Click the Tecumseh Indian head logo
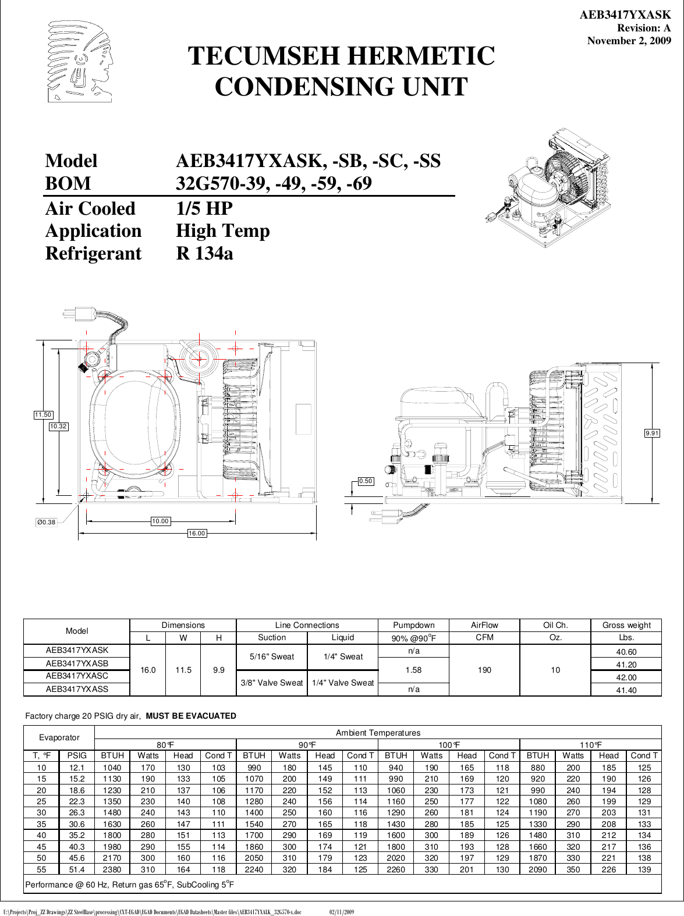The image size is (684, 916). point(80,62)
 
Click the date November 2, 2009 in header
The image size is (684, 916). point(629,41)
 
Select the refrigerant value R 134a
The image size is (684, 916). point(204,254)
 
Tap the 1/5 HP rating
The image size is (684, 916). point(204,208)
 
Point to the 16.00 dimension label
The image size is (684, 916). point(197,533)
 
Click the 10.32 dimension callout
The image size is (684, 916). point(58,427)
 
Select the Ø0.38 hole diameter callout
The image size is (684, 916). point(46,522)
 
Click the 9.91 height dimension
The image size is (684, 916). point(652,433)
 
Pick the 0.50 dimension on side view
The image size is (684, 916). point(366,481)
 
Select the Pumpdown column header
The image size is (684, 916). point(413,625)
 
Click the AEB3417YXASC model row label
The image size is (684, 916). point(77,676)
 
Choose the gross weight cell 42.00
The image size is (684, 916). point(626,677)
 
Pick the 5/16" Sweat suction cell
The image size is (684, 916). point(271,656)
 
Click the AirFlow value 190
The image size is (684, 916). point(484,670)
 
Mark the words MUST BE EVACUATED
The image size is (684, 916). point(191,716)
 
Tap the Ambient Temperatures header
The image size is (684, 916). point(377,733)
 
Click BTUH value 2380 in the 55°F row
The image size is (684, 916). point(112,869)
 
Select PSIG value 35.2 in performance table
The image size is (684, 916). point(77,835)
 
